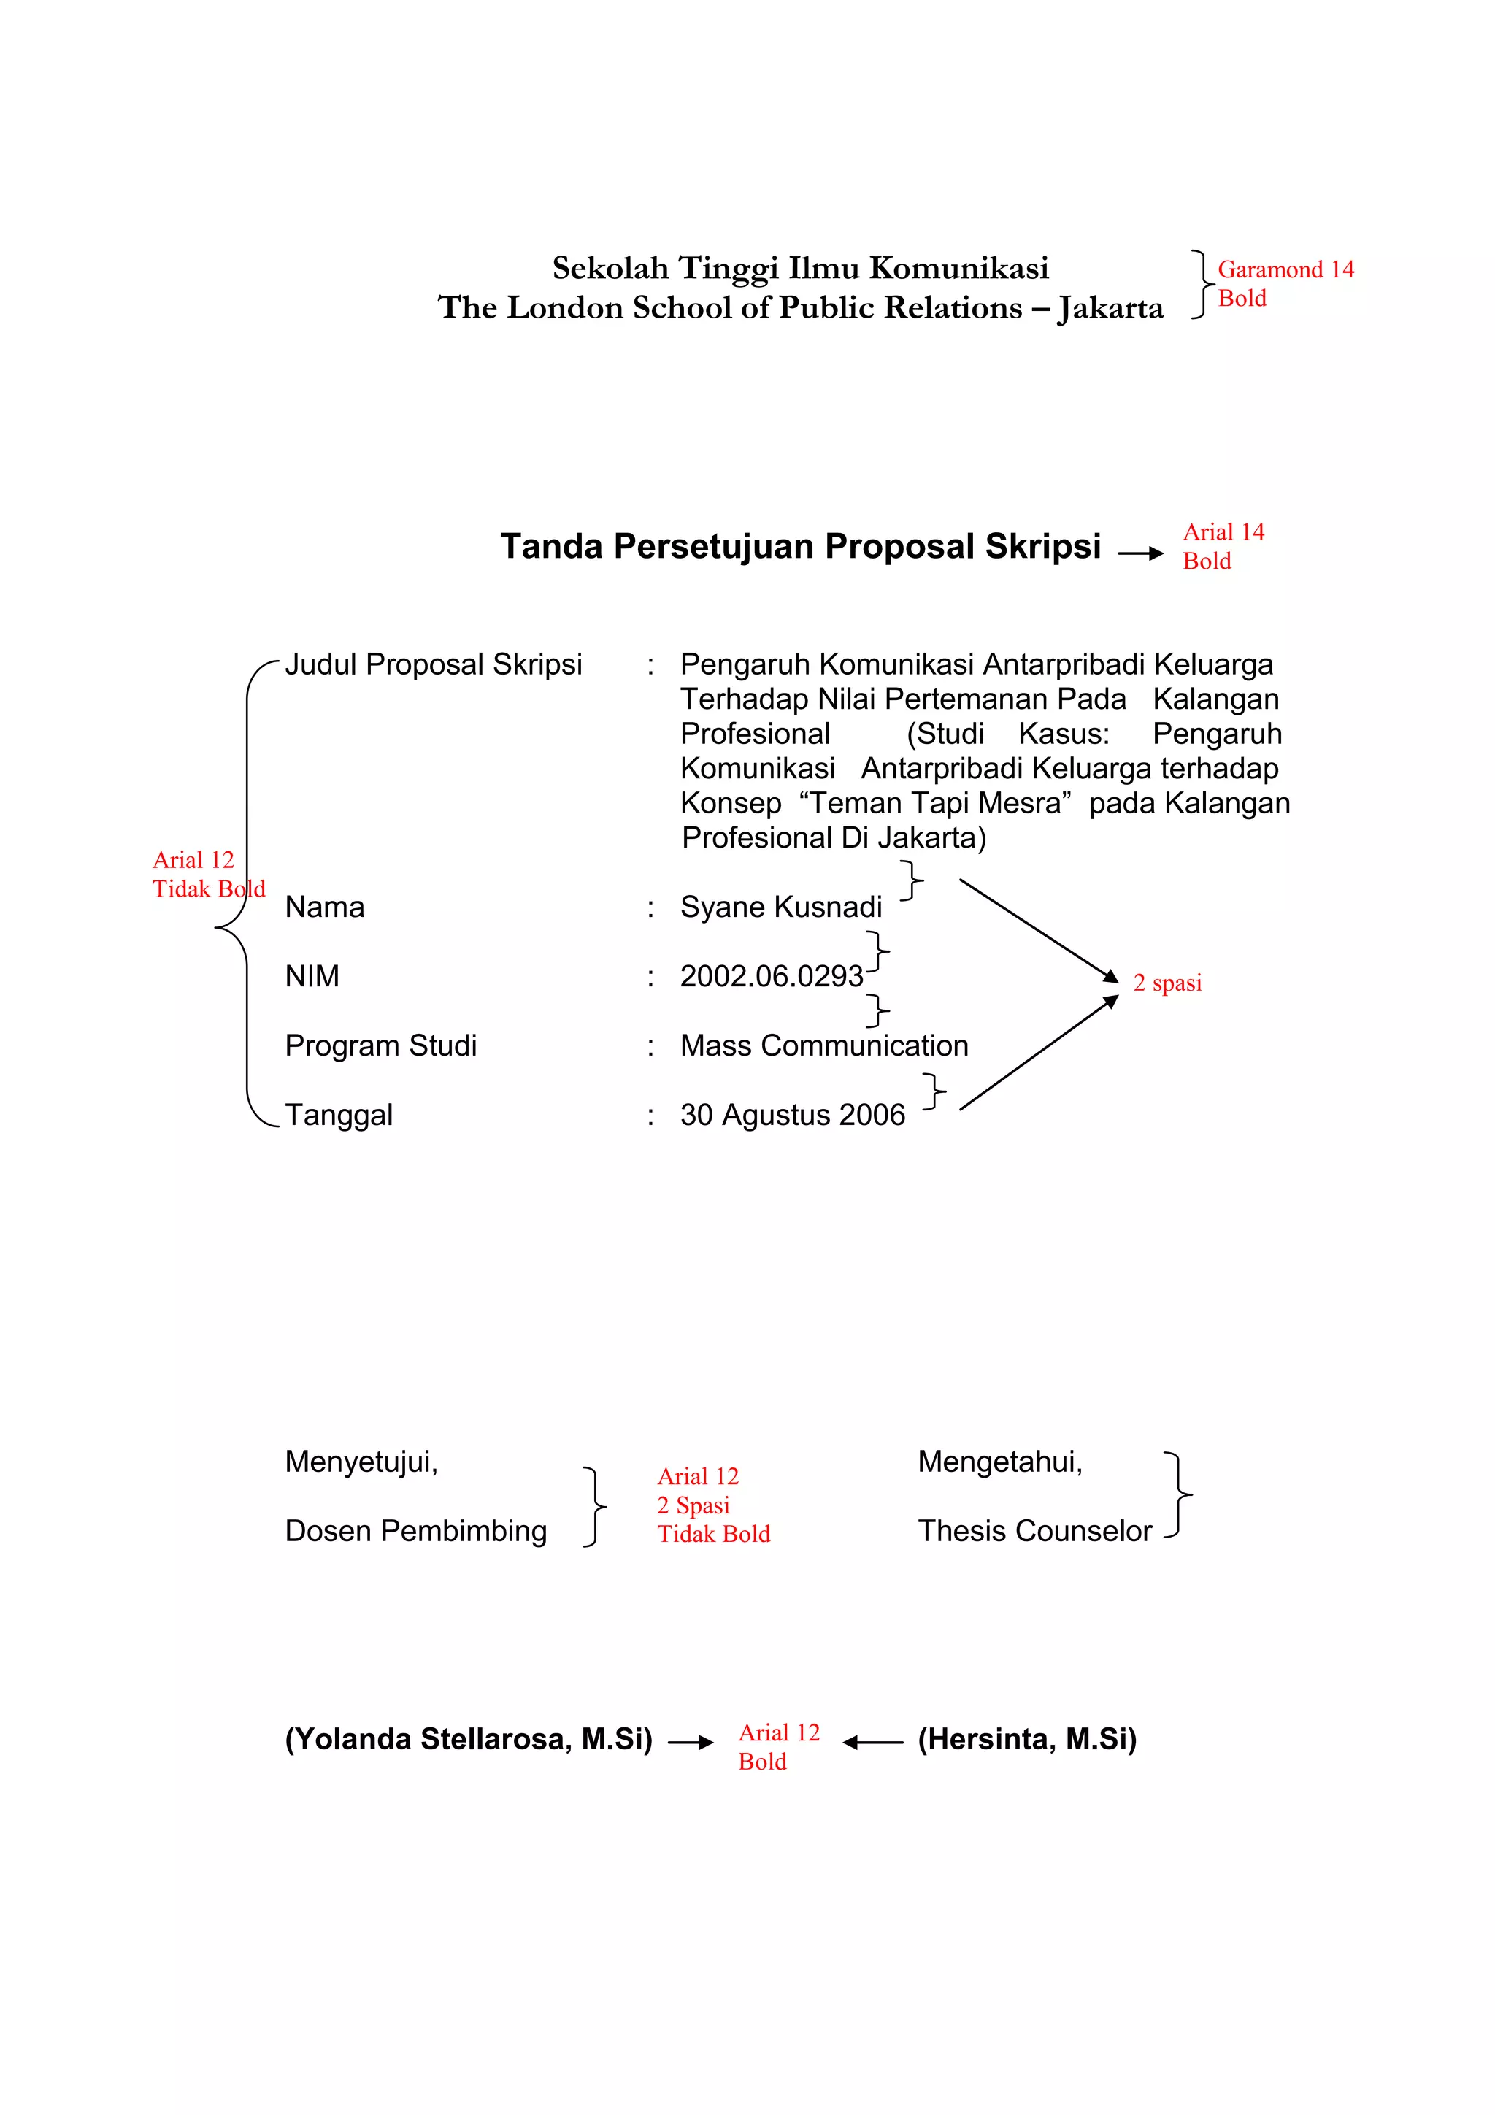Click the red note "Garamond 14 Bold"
point(1284,284)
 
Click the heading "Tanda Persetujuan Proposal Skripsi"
point(799,546)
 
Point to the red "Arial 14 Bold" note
point(1222,546)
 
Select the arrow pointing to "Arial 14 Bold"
point(1140,553)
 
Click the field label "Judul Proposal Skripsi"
point(433,664)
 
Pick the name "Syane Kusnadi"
point(780,907)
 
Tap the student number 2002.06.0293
point(771,976)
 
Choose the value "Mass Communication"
point(823,1045)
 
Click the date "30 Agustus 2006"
point(792,1116)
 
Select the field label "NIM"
point(312,976)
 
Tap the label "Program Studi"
point(380,1045)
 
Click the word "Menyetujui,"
point(361,1462)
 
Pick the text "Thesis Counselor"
point(1034,1531)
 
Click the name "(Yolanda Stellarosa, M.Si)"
point(468,1739)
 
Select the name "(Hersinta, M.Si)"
point(1027,1739)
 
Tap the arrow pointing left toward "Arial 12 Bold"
point(872,1742)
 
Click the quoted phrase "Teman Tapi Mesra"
point(935,803)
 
